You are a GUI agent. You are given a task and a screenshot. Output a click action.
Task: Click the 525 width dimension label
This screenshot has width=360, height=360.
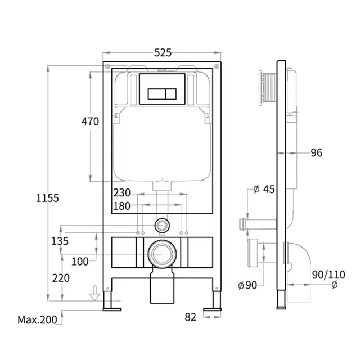point(163,52)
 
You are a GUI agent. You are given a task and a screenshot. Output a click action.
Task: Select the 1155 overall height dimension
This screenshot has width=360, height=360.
point(47,198)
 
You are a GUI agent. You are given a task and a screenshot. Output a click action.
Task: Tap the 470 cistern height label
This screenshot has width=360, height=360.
point(90,121)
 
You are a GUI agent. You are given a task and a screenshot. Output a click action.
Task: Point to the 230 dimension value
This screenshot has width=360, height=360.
point(122,192)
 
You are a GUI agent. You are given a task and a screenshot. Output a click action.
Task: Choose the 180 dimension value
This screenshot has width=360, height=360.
point(122,206)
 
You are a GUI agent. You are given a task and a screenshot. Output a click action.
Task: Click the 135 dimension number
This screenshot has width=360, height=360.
point(60,241)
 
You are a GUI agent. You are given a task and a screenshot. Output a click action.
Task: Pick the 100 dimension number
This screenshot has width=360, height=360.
point(80,262)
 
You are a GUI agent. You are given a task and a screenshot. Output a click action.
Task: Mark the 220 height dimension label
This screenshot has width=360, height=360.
point(61,278)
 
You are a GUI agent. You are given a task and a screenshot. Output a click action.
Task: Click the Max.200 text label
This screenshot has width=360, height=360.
point(38,319)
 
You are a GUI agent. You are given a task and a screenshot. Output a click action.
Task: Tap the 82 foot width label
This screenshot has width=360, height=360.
point(191,317)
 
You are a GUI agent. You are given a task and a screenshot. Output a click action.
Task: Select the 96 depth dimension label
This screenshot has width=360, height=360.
point(317,152)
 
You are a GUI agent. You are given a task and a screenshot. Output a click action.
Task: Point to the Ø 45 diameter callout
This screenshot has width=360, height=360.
point(264,189)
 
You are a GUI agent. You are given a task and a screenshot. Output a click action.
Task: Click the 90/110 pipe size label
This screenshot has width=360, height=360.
point(328,274)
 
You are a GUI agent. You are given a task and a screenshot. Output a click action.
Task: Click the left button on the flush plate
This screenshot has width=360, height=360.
point(156,94)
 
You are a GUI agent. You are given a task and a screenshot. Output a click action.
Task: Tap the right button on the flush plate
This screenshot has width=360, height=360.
point(170,94)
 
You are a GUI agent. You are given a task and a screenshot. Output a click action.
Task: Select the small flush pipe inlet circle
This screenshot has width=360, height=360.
point(163,225)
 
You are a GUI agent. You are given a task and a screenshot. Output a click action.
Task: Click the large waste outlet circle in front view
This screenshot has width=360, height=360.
point(163,254)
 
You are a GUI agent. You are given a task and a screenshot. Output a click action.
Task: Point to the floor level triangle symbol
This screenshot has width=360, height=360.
point(95,296)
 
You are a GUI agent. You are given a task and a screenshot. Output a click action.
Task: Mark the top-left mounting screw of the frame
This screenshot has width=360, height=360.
point(107,66)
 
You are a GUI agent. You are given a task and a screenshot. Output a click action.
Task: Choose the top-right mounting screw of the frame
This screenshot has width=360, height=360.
point(217,66)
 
